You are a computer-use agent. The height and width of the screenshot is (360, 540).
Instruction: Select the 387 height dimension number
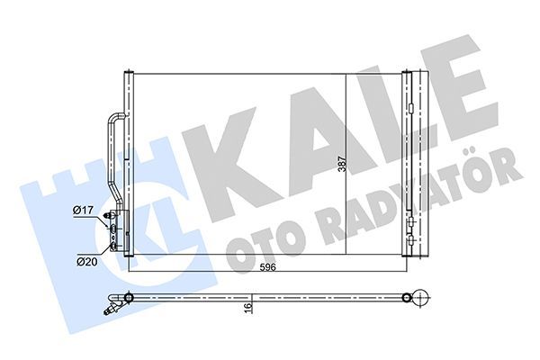[x=340, y=166]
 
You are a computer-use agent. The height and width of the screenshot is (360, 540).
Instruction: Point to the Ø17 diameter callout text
[x=84, y=210]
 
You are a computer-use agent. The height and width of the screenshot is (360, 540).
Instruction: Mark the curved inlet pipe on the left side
[x=112, y=153]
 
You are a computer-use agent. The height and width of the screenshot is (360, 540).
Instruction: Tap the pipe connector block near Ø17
[x=113, y=230]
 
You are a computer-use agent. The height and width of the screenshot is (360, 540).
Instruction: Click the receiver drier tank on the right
[x=409, y=162]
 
